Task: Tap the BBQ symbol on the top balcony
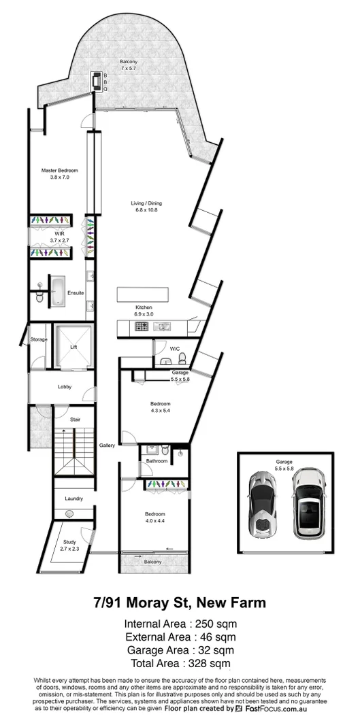click(95, 81)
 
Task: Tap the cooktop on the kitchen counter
click(143, 326)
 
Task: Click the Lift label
click(73, 346)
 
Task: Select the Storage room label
click(39, 339)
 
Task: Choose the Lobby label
click(65, 387)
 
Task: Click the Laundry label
click(73, 498)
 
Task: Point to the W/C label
click(175, 348)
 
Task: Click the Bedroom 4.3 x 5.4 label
click(161, 407)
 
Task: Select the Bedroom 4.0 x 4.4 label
click(154, 516)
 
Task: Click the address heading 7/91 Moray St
click(180, 603)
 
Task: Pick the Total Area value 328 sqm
click(180, 663)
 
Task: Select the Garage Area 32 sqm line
click(180, 649)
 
